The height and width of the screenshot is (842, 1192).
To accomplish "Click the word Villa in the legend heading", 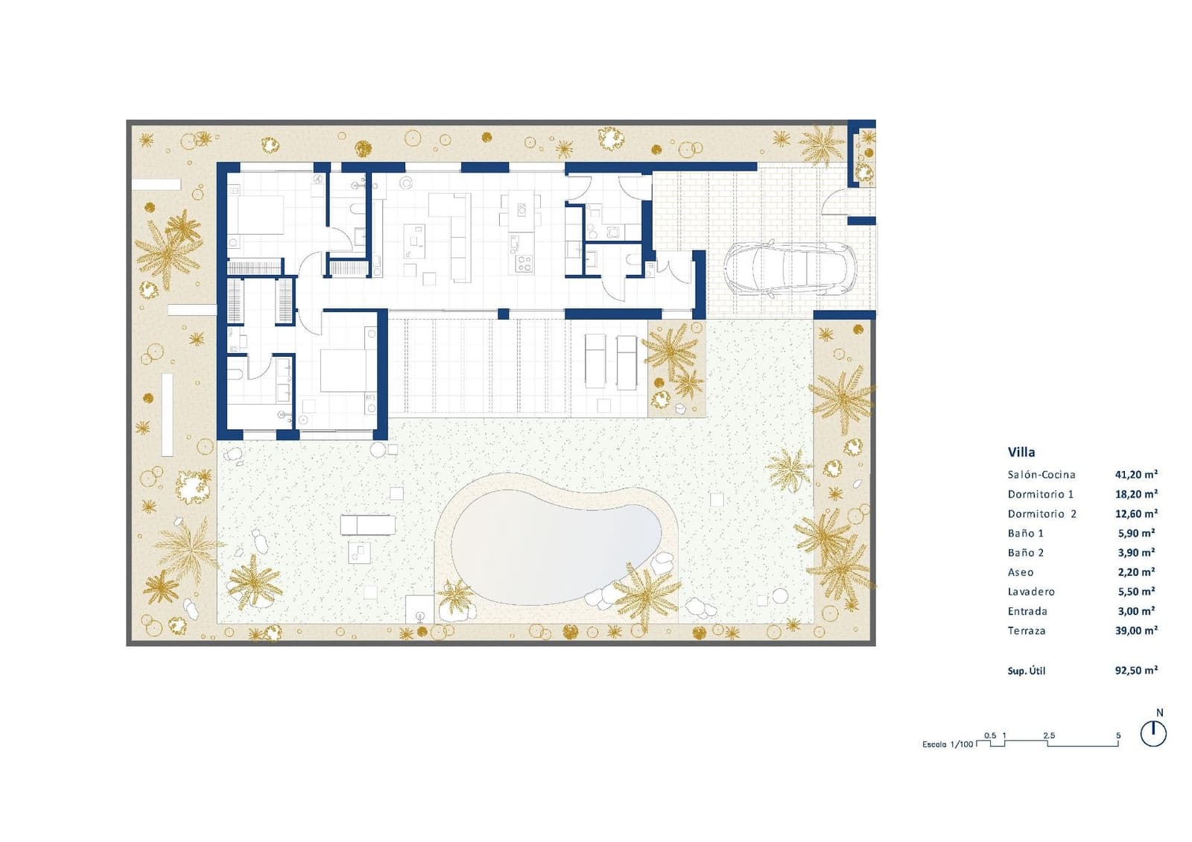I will (x=1021, y=452).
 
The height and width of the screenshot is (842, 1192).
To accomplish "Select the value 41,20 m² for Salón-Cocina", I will (x=1135, y=474).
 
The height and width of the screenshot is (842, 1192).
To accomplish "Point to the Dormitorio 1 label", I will (x=1040, y=494).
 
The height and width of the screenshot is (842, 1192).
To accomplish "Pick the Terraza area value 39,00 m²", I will (x=1135, y=630).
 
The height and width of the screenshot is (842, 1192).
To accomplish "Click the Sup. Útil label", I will (x=1026, y=671).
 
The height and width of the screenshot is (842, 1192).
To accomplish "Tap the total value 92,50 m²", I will (x=1135, y=670).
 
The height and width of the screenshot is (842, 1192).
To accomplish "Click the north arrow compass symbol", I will (x=1153, y=734).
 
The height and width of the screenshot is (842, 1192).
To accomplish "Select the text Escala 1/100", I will (x=947, y=744).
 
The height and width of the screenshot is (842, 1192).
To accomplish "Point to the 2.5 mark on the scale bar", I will (x=1048, y=735).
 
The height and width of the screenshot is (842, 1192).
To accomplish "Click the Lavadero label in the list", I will (x=1031, y=592).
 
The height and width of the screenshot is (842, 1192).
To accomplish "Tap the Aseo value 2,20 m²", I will (x=1135, y=572).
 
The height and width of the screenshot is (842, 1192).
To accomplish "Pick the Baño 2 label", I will (x=1025, y=553).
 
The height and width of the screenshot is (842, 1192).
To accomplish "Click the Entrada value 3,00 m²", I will (x=1135, y=611).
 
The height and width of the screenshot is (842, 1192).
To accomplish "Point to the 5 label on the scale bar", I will (x=1117, y=735).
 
